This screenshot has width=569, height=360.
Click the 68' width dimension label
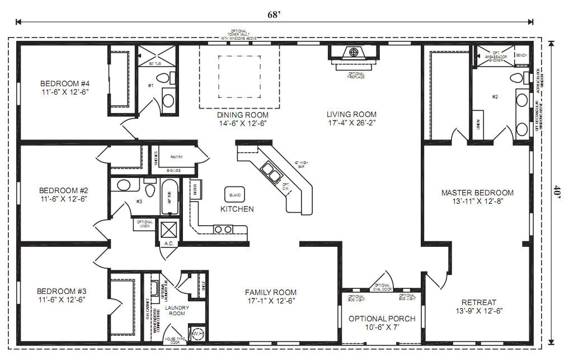(274, 15)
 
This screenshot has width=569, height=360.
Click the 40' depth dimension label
(556, 192)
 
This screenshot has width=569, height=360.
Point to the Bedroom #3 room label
(62, 295)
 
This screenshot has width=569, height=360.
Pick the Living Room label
(351, 118)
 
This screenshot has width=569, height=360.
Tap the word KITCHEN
(237, 209)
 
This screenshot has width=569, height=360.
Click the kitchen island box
(234, 195)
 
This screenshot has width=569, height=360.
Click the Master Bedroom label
(477, 197)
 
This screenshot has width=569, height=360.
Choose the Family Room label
(271, 296)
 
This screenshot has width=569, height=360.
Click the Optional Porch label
(382, 322)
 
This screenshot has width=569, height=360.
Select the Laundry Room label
(177, 311)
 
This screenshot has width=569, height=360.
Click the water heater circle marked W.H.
(197, 334)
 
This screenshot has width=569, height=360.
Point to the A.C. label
(168, 244)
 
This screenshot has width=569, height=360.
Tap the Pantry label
(176, 157)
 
